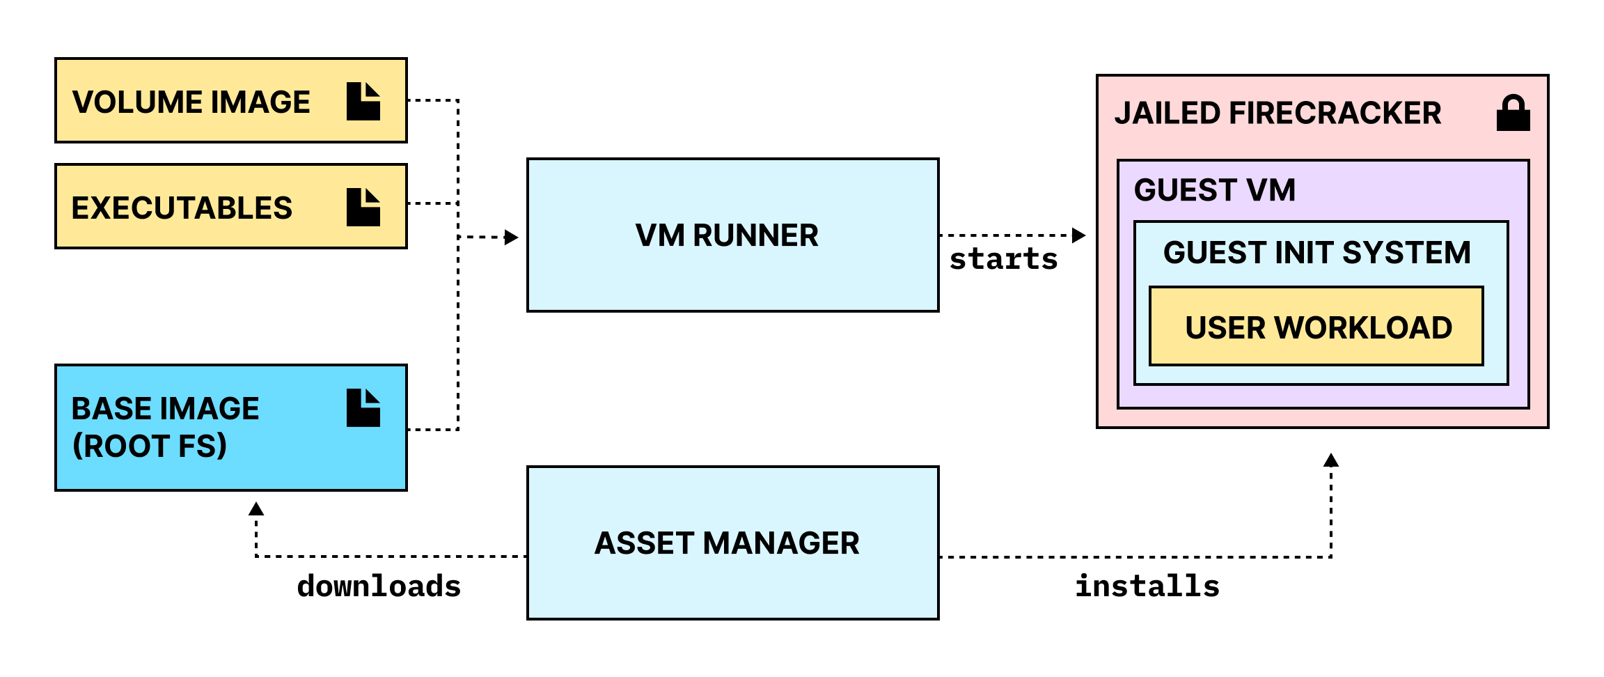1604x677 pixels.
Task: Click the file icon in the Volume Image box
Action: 363,102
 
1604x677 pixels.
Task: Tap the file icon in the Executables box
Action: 363,208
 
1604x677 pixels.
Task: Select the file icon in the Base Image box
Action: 363,408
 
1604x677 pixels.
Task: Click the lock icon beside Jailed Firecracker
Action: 1513,114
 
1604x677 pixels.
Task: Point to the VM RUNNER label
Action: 727,235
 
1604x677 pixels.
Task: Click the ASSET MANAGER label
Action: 727,543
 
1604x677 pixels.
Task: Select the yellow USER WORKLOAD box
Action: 1316,327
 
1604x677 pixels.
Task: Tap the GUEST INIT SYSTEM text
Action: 1316,252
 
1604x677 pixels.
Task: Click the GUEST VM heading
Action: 1215,190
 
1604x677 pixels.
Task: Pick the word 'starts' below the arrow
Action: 1003,259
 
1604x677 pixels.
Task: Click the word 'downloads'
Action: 379,586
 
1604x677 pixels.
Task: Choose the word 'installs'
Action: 1147,586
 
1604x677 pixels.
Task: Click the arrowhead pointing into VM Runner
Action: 512,238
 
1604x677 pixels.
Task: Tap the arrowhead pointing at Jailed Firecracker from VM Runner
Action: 1079,235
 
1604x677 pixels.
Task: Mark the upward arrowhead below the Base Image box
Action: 256,509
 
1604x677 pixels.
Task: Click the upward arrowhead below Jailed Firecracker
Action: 1331,460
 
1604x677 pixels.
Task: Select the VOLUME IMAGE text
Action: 191,102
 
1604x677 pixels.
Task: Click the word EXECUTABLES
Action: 182,208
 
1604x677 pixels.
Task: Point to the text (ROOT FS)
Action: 150,446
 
